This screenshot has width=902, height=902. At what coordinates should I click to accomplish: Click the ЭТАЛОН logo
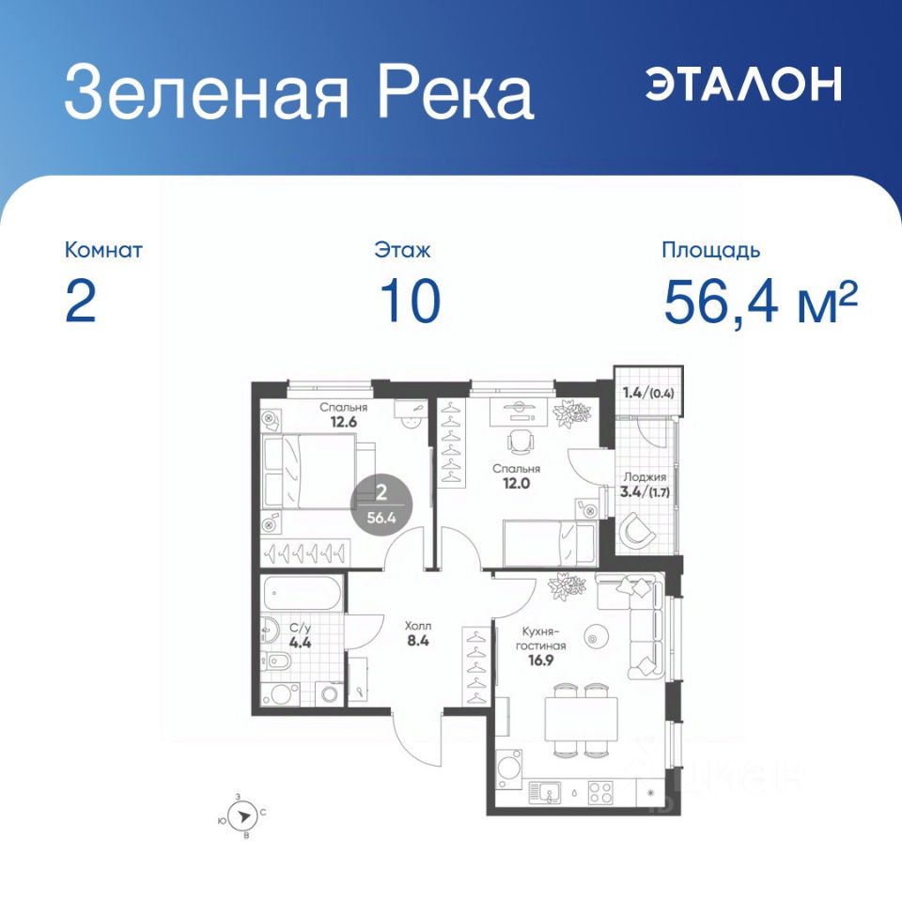(743, 84)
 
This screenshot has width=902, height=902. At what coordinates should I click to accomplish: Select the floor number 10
(411, 301)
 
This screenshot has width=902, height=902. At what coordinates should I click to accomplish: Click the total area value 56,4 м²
(760, 301)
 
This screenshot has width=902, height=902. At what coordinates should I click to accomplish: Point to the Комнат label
(103, 250)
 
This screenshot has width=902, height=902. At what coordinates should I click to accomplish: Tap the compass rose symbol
(242, 816)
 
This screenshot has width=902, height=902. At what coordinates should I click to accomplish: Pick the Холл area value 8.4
(418, 640)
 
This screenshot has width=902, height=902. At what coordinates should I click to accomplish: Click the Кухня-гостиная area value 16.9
(541, 660)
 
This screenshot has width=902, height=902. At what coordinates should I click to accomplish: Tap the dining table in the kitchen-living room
(581, 719)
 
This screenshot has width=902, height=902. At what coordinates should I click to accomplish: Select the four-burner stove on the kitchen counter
(600, 792)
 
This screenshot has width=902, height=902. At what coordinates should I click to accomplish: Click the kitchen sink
(544, 792)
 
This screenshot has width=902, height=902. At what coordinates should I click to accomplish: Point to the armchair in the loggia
(637, 530)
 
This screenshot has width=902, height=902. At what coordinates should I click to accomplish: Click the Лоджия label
(645, 477)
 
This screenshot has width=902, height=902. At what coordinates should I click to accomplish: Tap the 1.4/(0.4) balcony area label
(648, 394)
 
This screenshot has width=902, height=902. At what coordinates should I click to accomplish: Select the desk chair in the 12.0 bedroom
(521, 442)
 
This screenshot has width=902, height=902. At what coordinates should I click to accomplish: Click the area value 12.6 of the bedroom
(344, 422)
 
